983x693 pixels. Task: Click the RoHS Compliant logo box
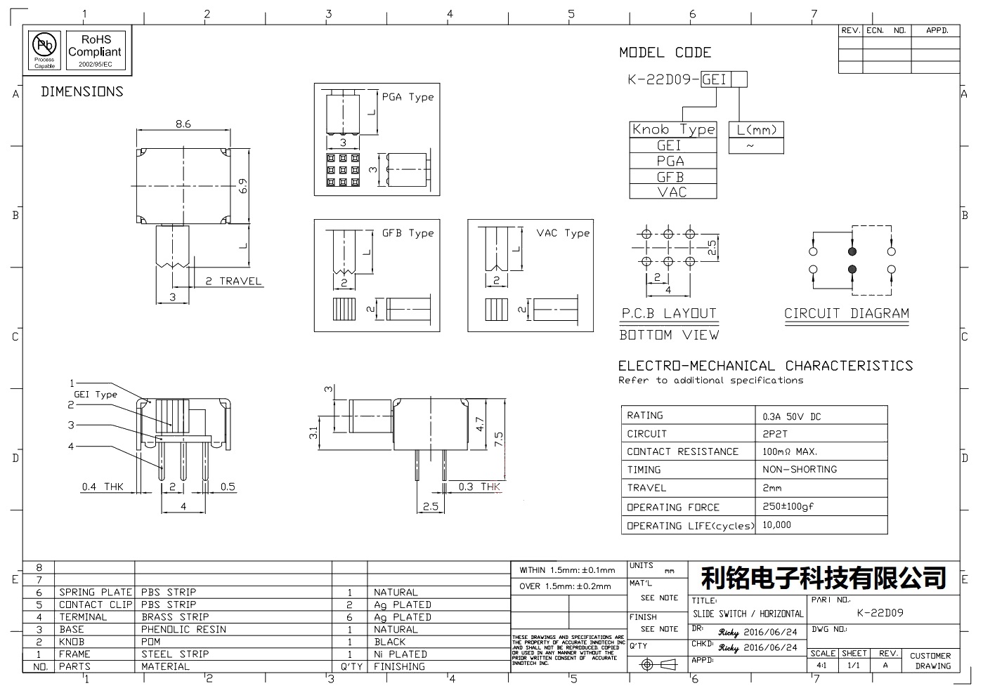click(x=95, y=51)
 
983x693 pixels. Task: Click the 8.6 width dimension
click(x=183, y=124)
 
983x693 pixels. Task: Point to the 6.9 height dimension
click(x=243, y=186)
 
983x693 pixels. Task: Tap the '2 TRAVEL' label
click(x=233, y=282)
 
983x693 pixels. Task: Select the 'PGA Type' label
click(x=408, y=97)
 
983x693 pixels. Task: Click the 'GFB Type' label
click(x=408, y=233)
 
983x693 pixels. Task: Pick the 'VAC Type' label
click(x=563, y=233)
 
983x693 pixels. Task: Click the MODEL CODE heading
click(x=665, y=53)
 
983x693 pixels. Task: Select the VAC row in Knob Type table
click(x=672, y=192)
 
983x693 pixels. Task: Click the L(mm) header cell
click(x=756, y=130)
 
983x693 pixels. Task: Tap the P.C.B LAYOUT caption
click(x=668, y=314)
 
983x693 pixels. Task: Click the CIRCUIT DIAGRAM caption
click(x=847, y=314)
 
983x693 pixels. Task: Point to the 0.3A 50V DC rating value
click(x=791, y=416)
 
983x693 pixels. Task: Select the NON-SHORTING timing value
click(x=800, y=469)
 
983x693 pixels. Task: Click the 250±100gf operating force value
click(x=788, y=506)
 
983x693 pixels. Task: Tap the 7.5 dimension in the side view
click(x=499, y=440)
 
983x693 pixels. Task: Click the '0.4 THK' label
click(x=103, y=487)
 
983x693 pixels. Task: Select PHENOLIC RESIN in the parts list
click(x=183, y=629)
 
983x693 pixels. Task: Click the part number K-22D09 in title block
click(x=880, y=613)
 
